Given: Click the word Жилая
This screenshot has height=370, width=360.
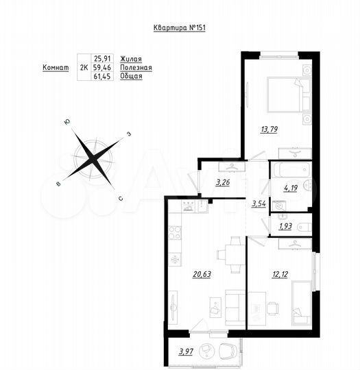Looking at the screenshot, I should tap(131, 60).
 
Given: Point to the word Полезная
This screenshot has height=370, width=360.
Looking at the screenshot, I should tap(135, 68).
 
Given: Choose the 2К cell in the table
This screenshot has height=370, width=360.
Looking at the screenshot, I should tap(84, 68).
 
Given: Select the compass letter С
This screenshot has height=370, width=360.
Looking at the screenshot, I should tap(121, 199).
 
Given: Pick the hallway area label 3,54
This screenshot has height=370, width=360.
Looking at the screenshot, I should tap(259, 203).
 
